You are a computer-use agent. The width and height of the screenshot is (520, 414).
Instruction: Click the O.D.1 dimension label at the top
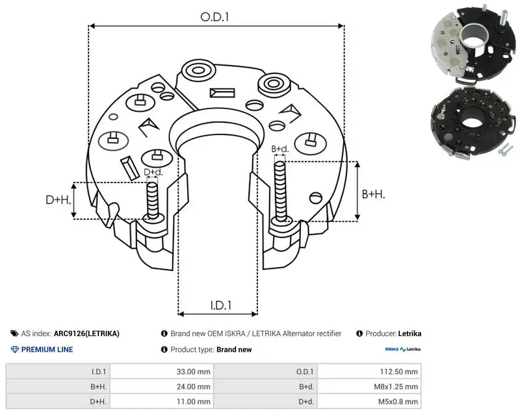(x=214, y=17)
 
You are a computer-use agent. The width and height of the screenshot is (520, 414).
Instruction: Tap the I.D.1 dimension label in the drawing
(x=221, y=305)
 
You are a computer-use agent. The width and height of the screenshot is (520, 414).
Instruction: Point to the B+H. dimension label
(x=373, y=194)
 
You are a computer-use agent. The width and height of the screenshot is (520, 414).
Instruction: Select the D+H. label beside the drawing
(x=58, y=200)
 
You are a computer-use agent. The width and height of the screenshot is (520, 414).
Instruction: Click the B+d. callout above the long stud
(x=280, y=149)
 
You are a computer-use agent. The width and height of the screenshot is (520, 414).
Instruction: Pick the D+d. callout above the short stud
(x=153, y=172)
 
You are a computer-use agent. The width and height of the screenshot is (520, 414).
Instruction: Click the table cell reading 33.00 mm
(x=193, y=372)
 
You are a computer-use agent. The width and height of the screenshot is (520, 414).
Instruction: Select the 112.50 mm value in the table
(x=398, y=372)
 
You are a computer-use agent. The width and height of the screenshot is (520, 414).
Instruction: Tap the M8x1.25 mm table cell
(x=396, y=387)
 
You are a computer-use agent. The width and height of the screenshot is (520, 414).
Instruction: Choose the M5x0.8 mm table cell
(x=398, y=402)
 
